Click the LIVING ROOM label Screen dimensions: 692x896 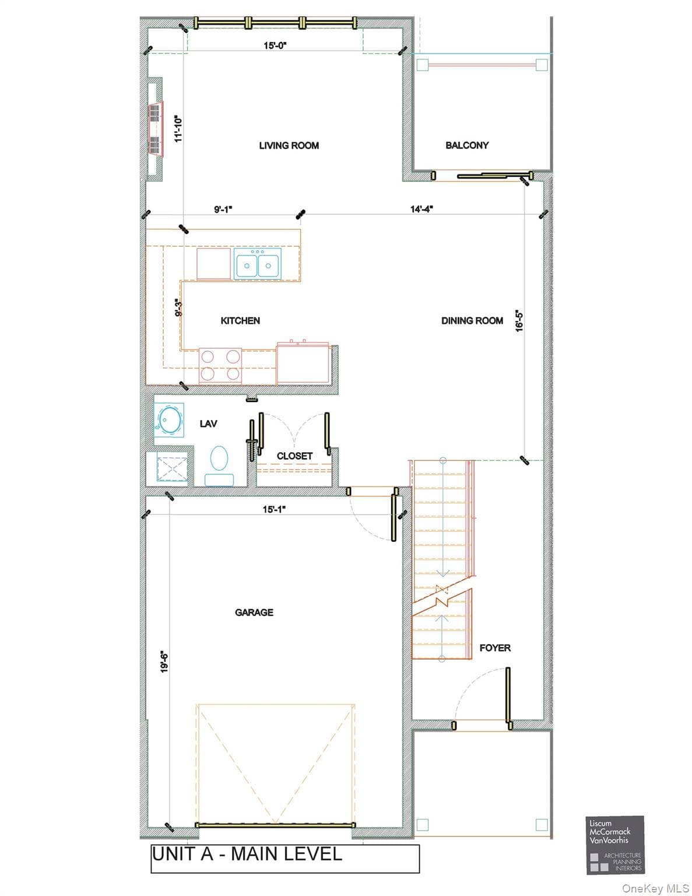(x=289, y=146)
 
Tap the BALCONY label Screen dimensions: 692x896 (x=467, y=145)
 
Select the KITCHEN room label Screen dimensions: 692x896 (x=240, y=320)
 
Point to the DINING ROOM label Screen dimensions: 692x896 (x=472, y=320)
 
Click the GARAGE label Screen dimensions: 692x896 (x=254, y=612)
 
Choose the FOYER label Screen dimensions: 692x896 (x=495, y=647)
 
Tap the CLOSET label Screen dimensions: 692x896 (x=294, y=456)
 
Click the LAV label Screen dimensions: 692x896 (x=209, y=423)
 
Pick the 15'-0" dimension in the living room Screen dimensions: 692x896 (x=275, y=45)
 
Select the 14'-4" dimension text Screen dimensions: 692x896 (x=421, y=209)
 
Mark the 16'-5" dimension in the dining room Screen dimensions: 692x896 (x=519, y=321)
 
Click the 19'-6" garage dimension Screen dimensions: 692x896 (x=164, y=662)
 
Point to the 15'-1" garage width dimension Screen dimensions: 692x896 (x=275, y=509)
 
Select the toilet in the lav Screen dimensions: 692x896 (x=219, y=466)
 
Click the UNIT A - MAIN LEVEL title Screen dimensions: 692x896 (x=247, y=853)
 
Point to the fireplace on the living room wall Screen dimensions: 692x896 (x=155, y=129)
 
